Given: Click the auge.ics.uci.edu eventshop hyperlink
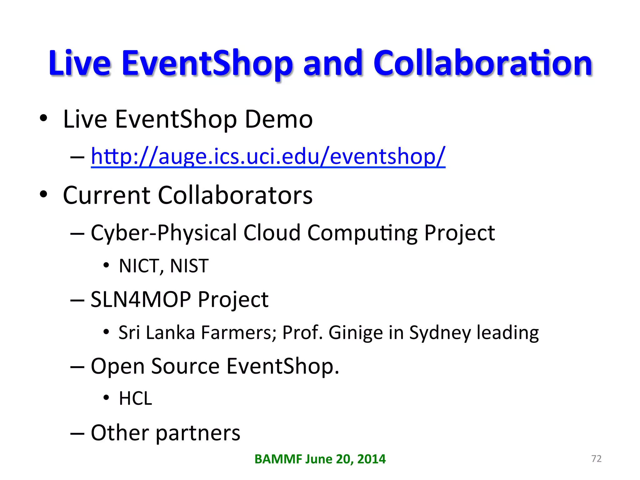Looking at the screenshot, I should tap(268, 156).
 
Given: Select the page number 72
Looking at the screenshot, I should tap(596, 458).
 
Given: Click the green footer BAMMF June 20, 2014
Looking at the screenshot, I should tap(320, 459).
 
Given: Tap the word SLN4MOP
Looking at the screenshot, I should tap(141, 299).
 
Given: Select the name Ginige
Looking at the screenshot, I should tap(355, 332).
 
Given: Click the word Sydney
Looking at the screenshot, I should tap(440, 332).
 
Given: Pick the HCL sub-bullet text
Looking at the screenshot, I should tap(135, 399).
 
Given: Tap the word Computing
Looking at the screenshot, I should tap(362, 233).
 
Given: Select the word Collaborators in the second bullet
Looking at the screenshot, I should tap(235, 195).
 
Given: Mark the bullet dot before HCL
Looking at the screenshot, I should tap(106, 398).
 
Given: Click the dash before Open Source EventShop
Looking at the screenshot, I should tap(77, 366).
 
